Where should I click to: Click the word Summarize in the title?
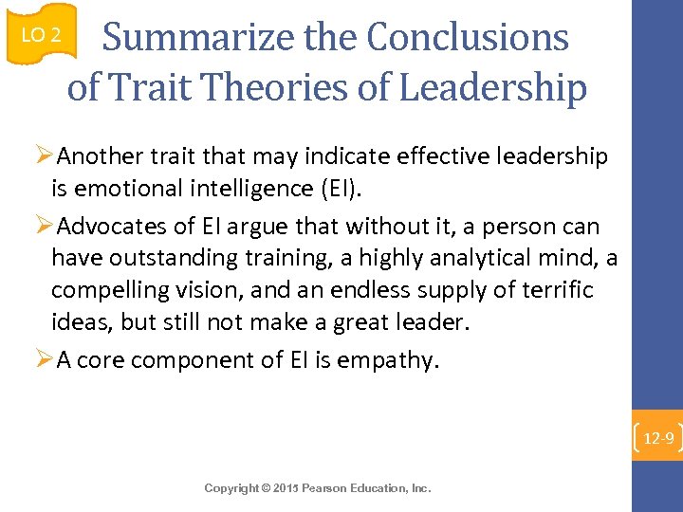(x=181, y=38)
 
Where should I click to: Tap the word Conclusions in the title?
(x=468, y=38)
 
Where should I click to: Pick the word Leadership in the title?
(x=493, y=88)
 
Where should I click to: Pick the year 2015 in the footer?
(x=288, y=462)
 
